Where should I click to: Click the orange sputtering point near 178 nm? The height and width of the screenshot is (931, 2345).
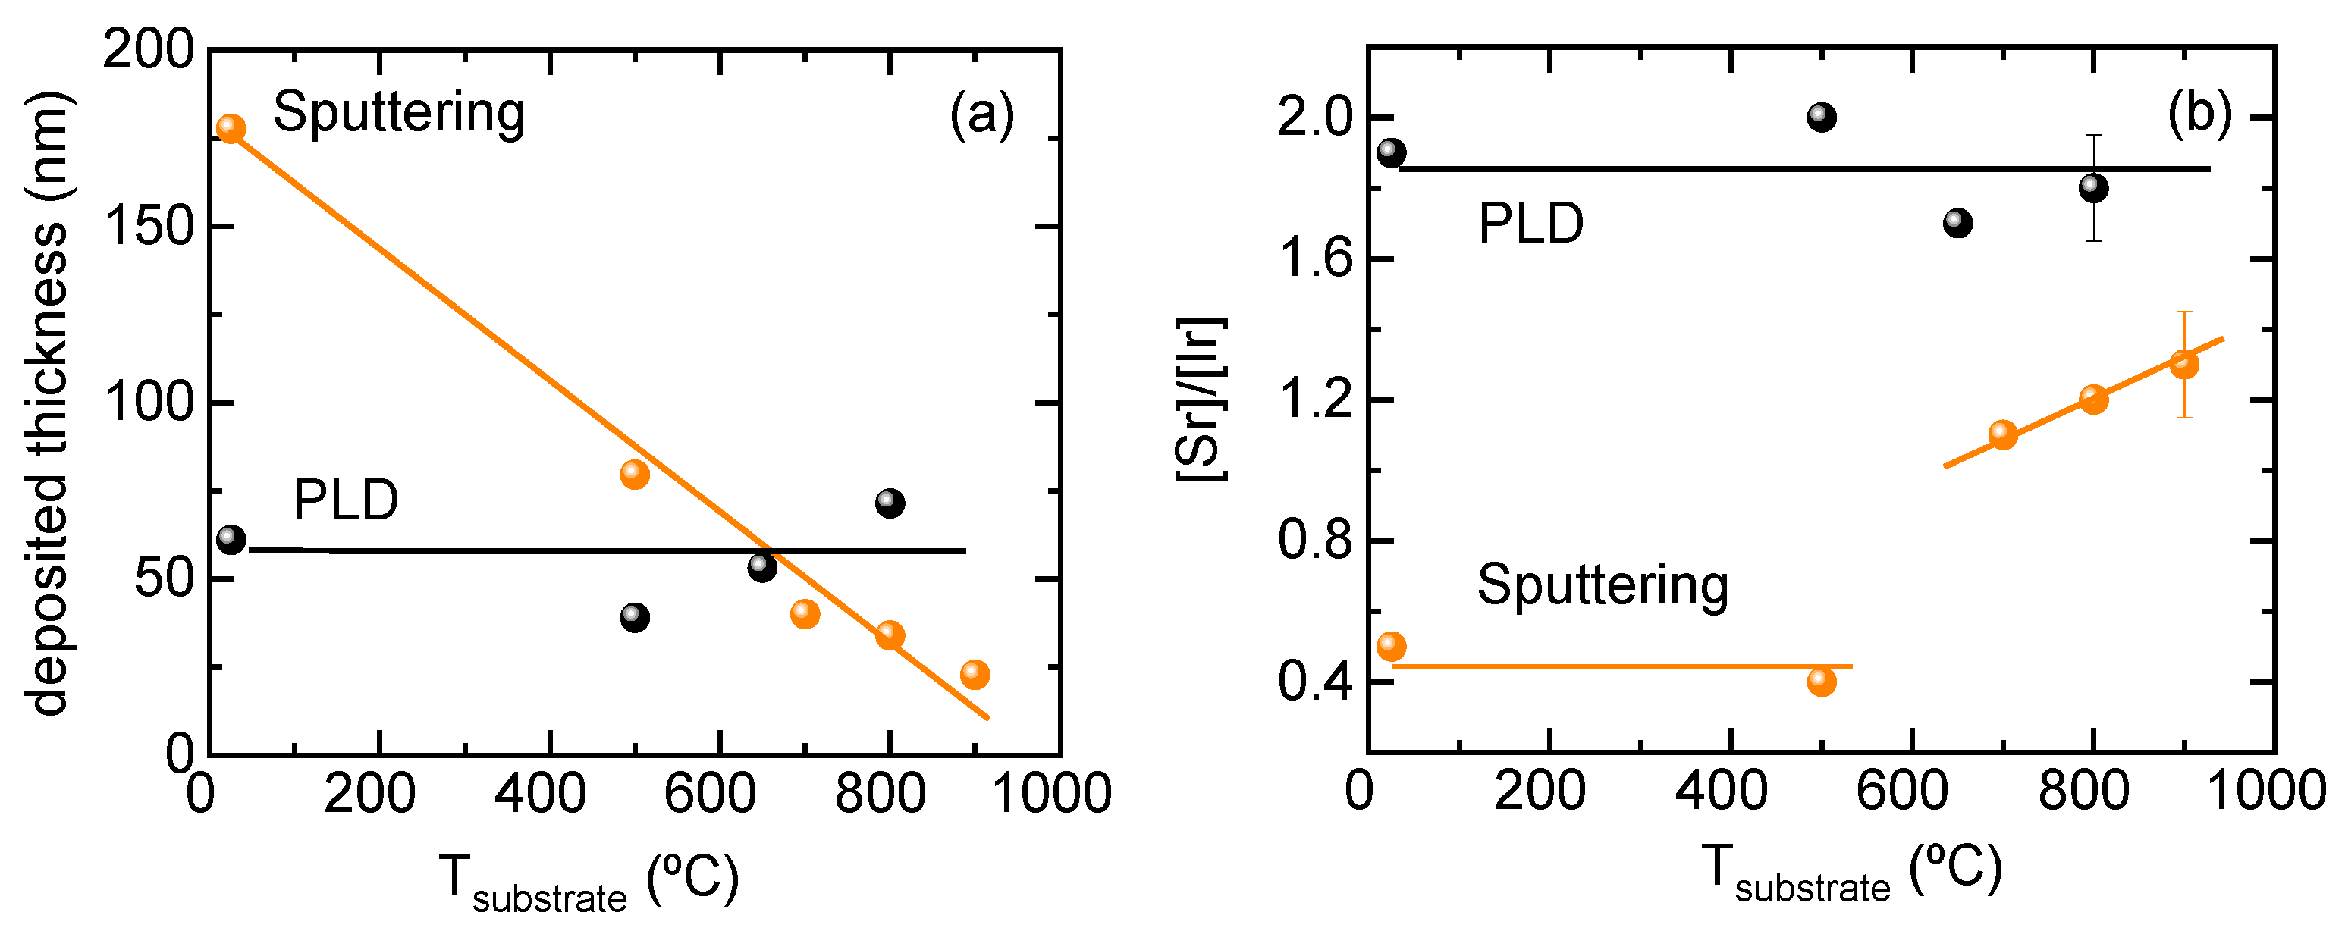(x=231, y=128)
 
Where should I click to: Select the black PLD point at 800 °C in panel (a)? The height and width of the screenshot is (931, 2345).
(x=890, y=503)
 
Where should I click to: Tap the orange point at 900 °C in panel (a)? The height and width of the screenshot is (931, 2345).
(x=974, y=673)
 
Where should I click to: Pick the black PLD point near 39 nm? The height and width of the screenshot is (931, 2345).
(x=635, y=617)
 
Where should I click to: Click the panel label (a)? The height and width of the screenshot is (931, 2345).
(x=981, y=114)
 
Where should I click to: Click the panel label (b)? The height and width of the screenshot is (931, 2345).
(x=2199, y=113)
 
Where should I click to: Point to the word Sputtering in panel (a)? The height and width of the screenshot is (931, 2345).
(x=399, y=113)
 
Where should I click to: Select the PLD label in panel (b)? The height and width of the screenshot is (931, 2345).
(x=1530, y=223)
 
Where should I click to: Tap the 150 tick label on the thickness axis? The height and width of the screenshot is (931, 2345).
(x=150, y=226)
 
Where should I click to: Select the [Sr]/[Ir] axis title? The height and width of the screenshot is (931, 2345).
(x=1201, y=400)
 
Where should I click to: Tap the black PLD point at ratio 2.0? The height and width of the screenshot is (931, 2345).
(x=1821, y=117)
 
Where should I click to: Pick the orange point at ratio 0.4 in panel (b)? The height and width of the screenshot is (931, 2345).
(x=1821, y=681)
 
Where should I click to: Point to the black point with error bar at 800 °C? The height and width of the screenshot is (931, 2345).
(x=2093, y=188)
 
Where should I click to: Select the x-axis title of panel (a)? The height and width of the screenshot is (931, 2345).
(x=587, y=880)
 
